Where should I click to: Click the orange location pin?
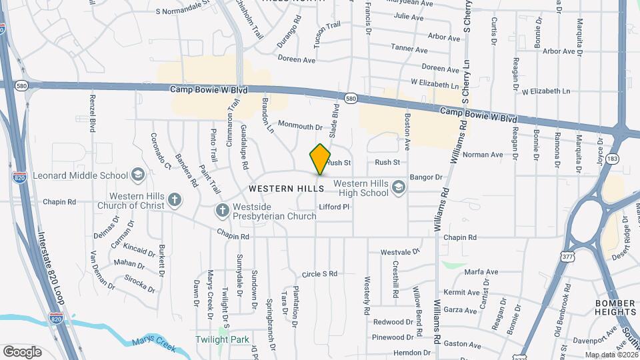tap(320, 159)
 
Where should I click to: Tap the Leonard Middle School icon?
tap(138, 175)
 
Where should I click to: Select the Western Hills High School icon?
tap(399, 187)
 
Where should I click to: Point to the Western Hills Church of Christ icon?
tap(174, 199)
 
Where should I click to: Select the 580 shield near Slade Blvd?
tap(351, 99)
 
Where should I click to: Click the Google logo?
tap(22, 351)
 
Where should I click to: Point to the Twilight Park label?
tap(221, 339)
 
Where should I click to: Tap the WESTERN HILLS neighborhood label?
tap(286, 189)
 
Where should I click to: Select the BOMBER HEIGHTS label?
tap(615, 307)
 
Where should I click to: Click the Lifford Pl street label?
tap(335, 207)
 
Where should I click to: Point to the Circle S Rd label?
tap(319, 273)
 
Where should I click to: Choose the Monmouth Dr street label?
tap(300, 125)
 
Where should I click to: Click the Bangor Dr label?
tap(426, 177)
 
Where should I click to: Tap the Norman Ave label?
tap(483, 155)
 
